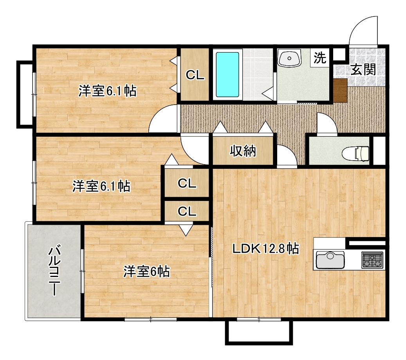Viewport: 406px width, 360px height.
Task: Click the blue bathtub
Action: pos(227,74)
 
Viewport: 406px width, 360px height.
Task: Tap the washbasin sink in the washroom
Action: pos(289,58)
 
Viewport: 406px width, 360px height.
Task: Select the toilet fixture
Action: pos(355,154)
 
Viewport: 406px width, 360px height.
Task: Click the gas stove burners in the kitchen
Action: pos(372,260)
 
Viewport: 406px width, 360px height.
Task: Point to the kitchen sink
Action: pos(330,260)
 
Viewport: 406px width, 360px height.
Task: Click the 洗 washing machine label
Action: pos(320,58)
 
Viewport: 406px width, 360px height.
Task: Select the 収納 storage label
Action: pos(243,150)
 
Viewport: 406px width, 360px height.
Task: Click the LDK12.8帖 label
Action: pos(266,249)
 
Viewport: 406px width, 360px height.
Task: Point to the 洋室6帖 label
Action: pos(146,271)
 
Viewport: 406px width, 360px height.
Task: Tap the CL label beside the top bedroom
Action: pos(195,75)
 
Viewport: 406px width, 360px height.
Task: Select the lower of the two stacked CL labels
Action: pos(187,211)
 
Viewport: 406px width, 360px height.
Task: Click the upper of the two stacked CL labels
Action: pos(187,183)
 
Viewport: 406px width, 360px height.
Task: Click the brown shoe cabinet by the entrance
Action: pos(340,90)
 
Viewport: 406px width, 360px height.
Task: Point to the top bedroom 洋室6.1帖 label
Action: pos(108,91)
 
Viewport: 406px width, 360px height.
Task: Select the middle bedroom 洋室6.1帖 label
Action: pos(101,186)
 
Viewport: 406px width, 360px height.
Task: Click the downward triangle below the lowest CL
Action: pos(186,230)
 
